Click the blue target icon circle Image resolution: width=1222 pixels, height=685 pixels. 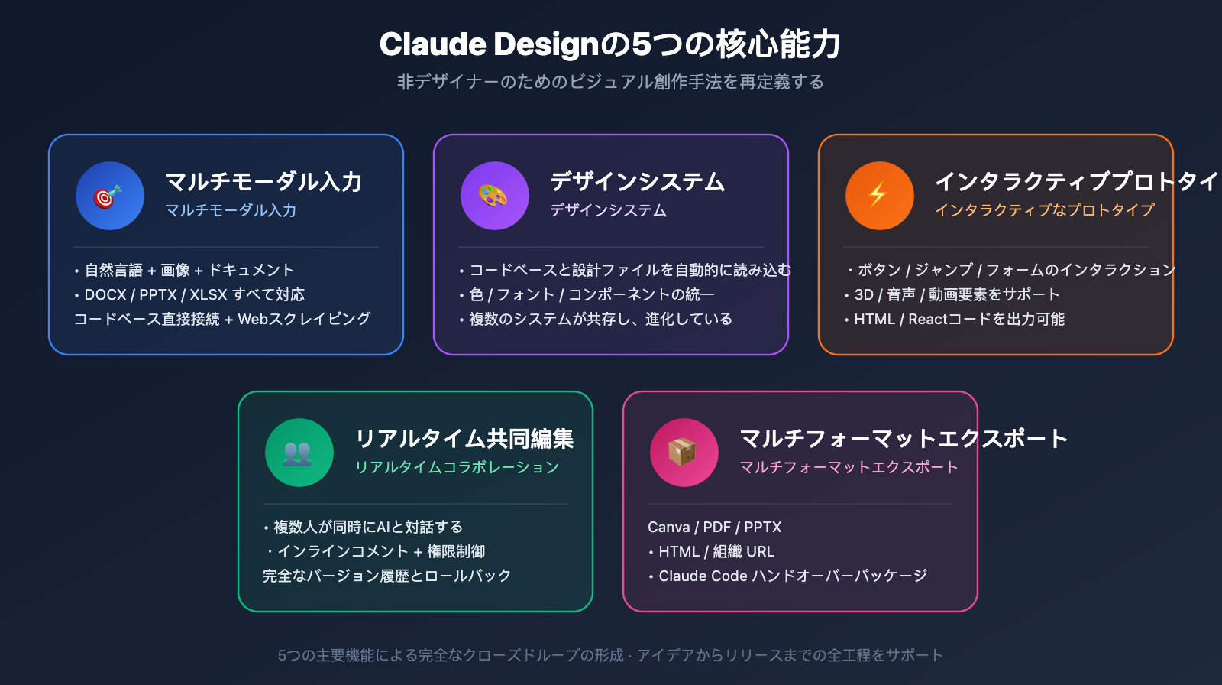109,196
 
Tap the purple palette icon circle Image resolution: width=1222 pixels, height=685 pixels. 494,196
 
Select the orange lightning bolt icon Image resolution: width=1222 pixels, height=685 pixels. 879,196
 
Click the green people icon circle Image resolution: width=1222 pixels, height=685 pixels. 299,453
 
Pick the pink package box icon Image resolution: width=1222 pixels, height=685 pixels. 684,453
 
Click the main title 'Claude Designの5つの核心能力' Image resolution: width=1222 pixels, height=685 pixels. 610,44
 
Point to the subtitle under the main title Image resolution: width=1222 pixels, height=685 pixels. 610,82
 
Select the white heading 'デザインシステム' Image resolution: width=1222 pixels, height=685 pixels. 638,182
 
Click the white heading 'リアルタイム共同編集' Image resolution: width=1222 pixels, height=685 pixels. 464,439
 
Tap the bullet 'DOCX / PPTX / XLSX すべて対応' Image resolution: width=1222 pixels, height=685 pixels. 194,294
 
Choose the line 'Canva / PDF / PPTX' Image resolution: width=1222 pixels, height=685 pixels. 714,527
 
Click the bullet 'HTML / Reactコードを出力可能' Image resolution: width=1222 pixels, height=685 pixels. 959,319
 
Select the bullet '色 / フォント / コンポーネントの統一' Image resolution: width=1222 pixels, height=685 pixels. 592,294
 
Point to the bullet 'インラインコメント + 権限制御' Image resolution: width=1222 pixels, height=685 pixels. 380,551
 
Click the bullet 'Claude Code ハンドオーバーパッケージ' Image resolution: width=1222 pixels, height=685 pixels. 792,576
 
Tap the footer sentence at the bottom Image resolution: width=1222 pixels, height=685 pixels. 610,655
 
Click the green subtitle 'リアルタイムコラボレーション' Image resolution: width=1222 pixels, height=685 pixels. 457,467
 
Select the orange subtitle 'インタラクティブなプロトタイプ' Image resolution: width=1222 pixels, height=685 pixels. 1044,210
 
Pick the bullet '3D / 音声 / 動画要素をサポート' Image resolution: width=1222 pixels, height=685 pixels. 956,294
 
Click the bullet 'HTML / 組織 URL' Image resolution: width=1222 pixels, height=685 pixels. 716,551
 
